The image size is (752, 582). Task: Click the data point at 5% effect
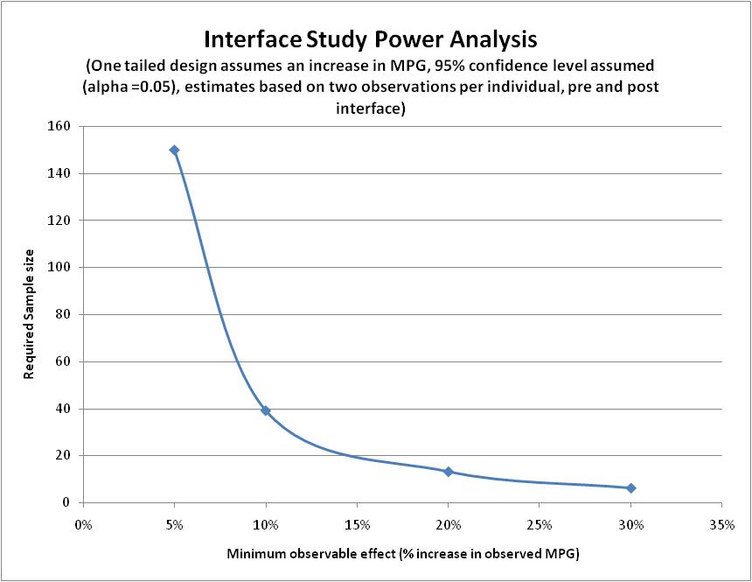coord(174,150)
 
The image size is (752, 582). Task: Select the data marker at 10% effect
coord(266,410)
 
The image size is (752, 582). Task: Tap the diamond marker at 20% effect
coord(449,472)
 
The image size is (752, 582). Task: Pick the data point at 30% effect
coord(630,487)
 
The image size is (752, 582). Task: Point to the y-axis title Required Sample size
coord(29,324)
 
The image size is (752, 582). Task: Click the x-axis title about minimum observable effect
coord(403,554)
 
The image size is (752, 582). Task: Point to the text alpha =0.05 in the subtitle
coord(131,88)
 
